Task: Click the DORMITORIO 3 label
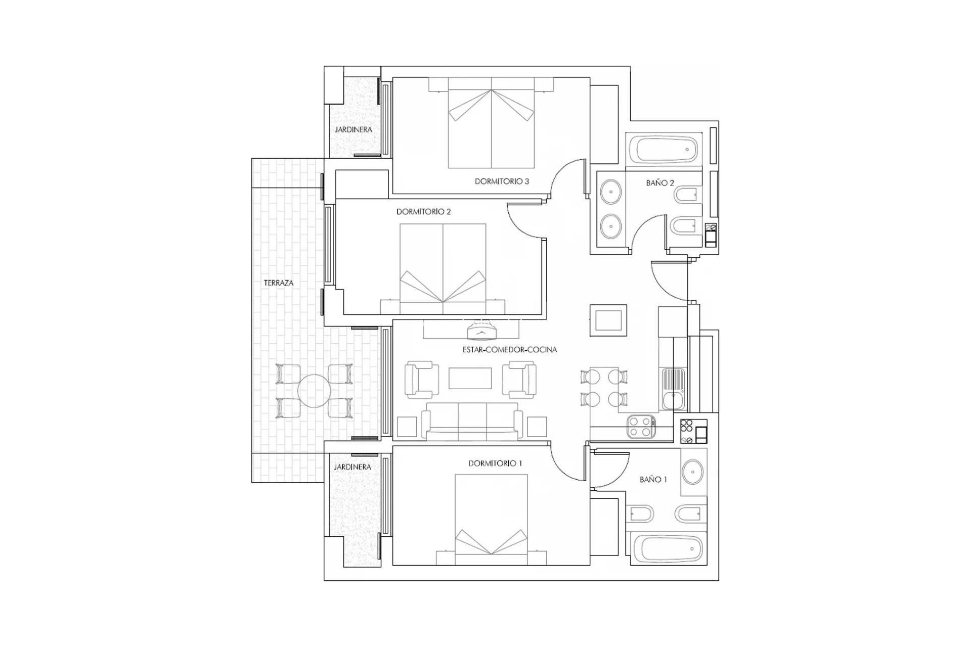tap(502, 181)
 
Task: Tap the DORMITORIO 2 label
tap(423, 212)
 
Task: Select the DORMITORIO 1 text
tap(495, 463)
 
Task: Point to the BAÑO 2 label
tap(659, 183)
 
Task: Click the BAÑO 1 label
tap(653, 479)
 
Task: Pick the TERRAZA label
tap(278, 283)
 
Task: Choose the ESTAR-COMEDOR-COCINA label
tap(509, 349)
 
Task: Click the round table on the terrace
tap(314, 391)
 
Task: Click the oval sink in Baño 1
tap(692, 472)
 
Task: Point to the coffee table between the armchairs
tap(470, 378)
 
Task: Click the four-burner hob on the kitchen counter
tap(641, 426)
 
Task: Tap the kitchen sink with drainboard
tap(673, 389)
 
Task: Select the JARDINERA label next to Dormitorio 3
tap(353, 129)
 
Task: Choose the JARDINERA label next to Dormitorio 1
tap(352, 467)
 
